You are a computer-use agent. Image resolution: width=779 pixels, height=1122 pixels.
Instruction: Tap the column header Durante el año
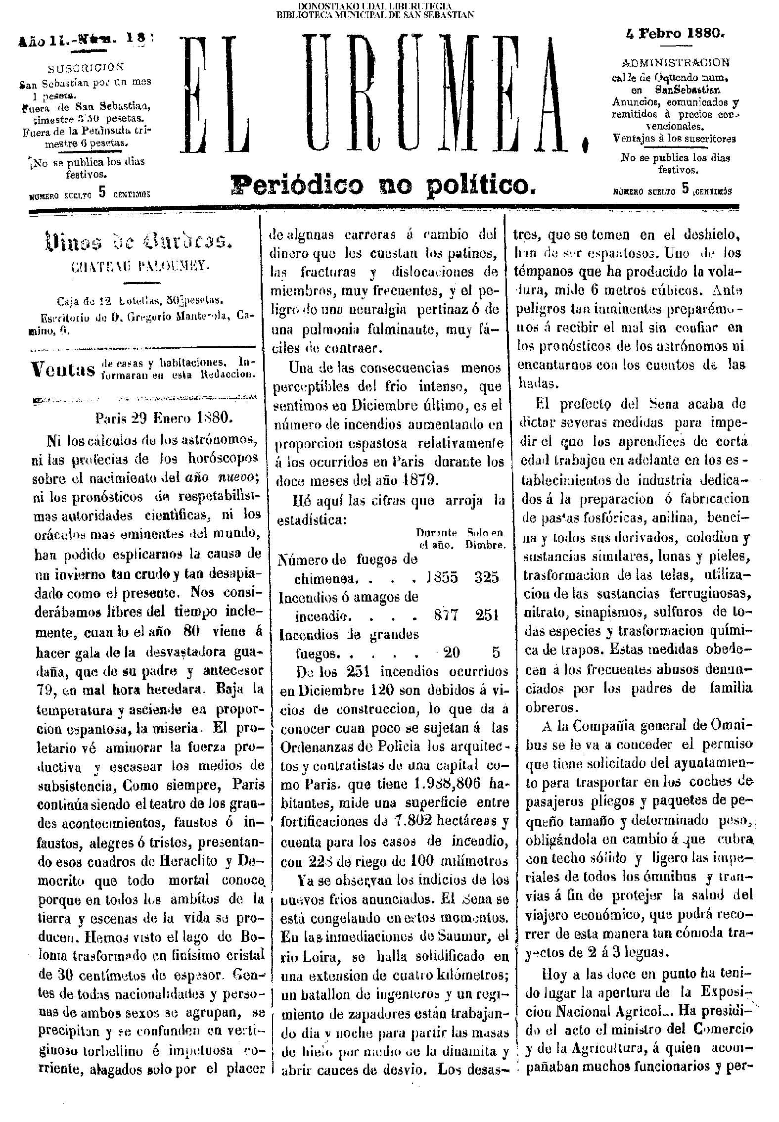point(435,538)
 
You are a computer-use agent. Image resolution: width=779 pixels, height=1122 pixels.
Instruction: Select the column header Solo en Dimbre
point(485,538)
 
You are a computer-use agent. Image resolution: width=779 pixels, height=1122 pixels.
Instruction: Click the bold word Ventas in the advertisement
point(63,369)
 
